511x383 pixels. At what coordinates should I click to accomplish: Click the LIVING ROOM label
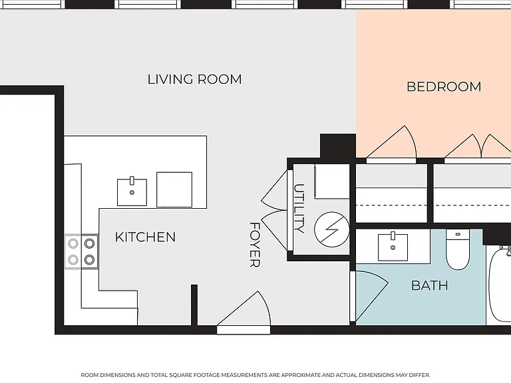tap(194, 80)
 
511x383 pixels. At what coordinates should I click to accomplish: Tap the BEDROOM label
tap(444, 86)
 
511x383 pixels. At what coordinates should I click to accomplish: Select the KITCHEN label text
tap(145, 237)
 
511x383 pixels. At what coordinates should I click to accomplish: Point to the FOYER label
tap(255, 245)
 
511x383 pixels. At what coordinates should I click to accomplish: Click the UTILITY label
tap(299, 209)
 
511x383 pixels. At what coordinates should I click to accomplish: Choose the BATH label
tap(430, 286)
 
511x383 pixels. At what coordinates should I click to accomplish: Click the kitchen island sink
tap(132, 191)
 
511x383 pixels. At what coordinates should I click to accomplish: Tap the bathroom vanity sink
tap(393, 247)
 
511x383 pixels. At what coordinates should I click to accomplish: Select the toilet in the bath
tap(458, 249)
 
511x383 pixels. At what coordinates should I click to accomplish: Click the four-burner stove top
tap(81, 252)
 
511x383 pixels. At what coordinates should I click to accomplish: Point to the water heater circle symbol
tap(332, 229)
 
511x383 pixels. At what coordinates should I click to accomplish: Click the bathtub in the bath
tap(500, 284)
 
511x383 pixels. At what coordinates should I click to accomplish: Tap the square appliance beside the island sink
tap(174, 190)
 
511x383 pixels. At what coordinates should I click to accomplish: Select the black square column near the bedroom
tap(338, 146)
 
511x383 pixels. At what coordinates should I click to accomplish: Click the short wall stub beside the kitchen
tap(194, 305)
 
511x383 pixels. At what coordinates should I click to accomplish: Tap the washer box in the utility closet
tap(332, 182)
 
